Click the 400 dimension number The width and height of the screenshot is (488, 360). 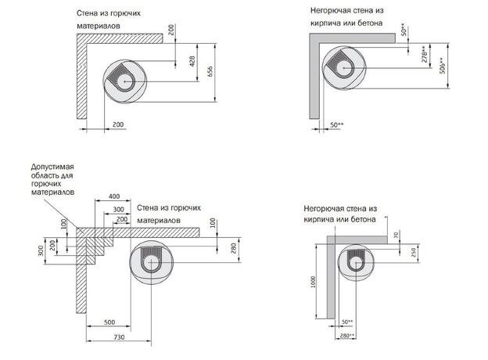[x=114, y=195]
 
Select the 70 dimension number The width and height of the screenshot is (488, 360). [x=397, y=234]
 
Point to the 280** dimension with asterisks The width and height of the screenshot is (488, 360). [x=348, y=336]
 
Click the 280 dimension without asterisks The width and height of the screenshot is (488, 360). [x=231, y=249]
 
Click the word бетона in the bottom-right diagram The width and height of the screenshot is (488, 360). [x=361, y=221]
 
